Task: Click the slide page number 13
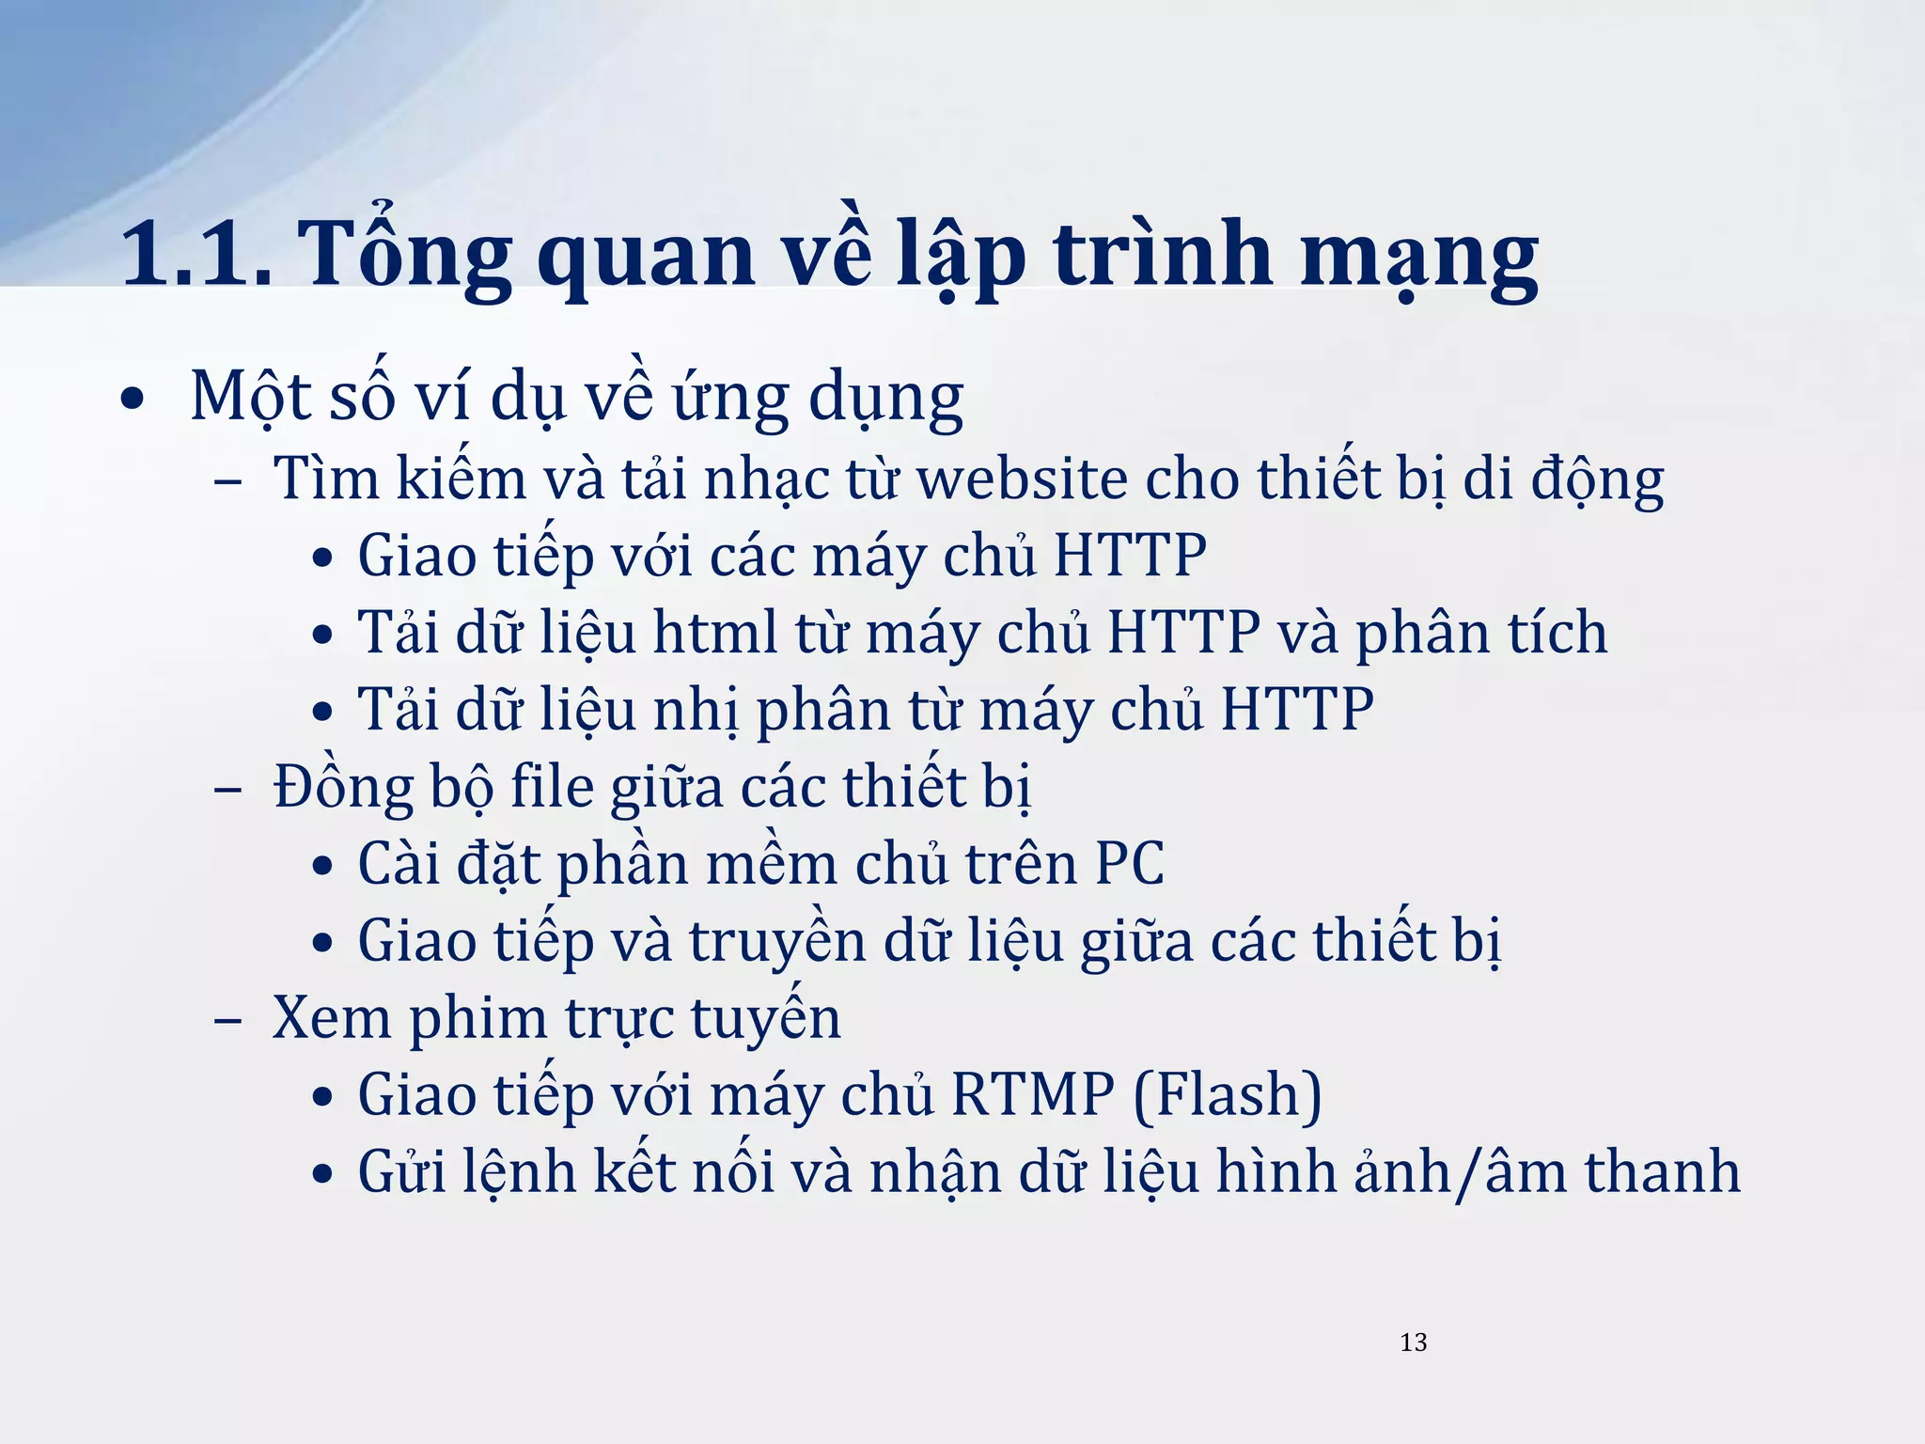pos(1413,1342)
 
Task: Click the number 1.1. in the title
pos(196,254)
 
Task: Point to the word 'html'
pos(715,633)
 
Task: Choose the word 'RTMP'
pos(1032,1094)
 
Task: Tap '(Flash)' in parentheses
pos(1228,1094)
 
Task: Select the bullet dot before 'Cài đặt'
pos(322,866)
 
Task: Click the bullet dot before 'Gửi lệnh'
pos(322,1174)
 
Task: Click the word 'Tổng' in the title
pos(405,254)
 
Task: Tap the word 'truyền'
pos(777,940)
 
